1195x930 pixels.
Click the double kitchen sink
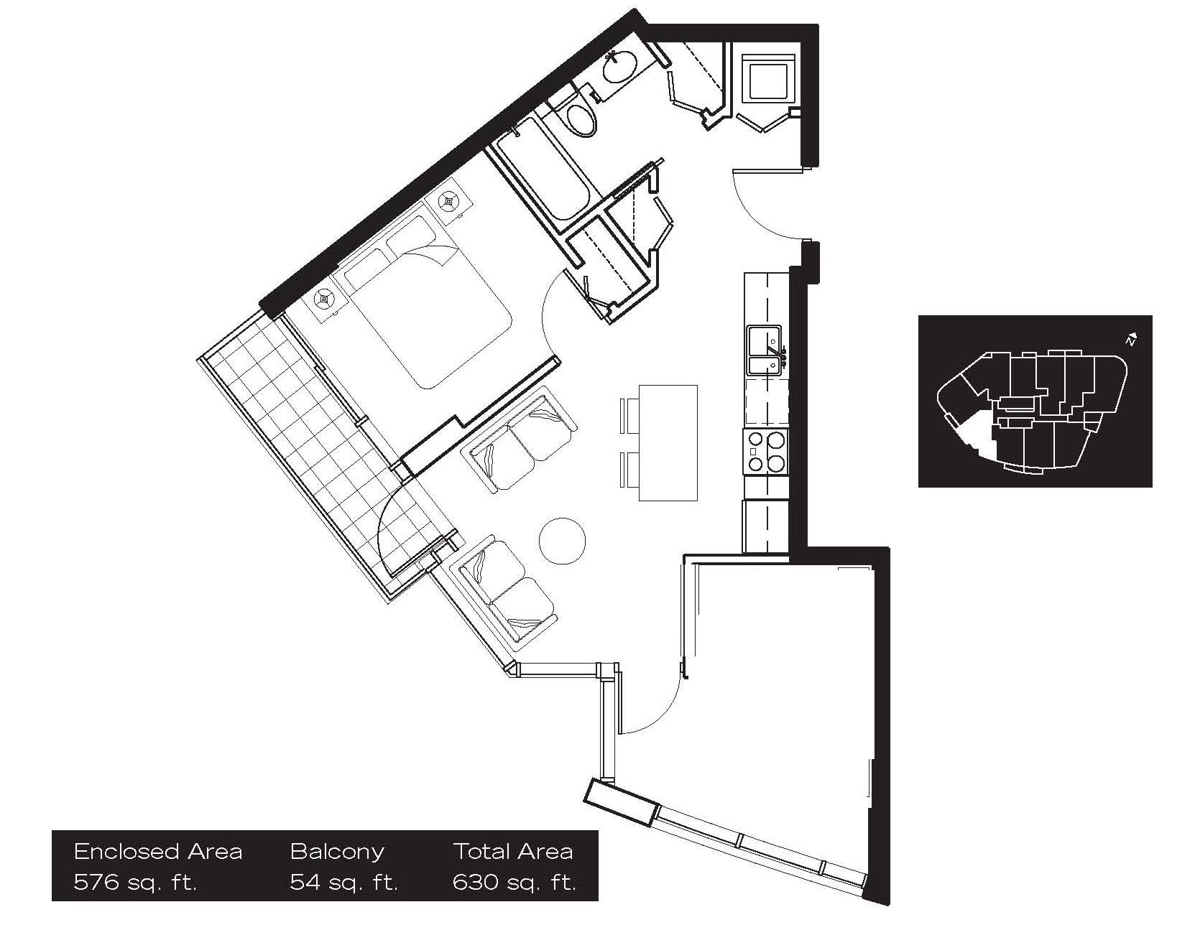765,350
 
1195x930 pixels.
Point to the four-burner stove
765,451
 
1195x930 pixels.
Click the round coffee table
562,540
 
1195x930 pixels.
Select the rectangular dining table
668,442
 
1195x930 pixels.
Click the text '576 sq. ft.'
135,882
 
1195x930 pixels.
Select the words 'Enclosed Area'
158,852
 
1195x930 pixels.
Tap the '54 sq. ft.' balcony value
343,882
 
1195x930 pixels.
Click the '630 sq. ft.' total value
515,882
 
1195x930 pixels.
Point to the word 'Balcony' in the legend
337,852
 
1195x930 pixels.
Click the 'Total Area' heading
513,852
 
